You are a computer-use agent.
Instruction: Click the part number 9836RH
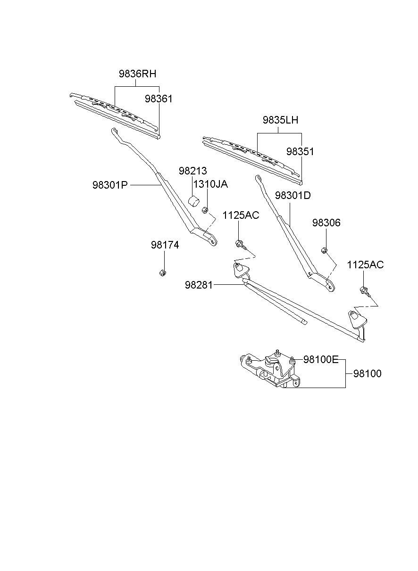pyautogui.click(x=137, y=74)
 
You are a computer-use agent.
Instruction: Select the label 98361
pyautogui.click(x=159, y=99)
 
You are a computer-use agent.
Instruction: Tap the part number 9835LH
pyautogui.click(x=281, y=120)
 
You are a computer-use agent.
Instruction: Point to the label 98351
pyautogui.click(x=300, y=151)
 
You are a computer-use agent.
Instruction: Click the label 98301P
pyautogui.click(x=110, y=185)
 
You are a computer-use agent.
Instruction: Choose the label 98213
pyautogui.click(x=193, y=171)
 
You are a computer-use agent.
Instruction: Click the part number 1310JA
pyautogui.click(x=210, y=184)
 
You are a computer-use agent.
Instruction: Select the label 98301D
pyautogui.click(x=293, y=196)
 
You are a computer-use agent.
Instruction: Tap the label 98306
pyautogui.click(x=326, y=223)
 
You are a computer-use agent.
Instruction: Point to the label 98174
pyautogui.click(x=165, y=245)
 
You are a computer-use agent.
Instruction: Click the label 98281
pyautogui.click(x=199, y=285)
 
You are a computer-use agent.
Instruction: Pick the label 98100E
pyautogui.click(x=321, y=359)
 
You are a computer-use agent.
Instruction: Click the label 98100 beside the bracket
pyautogui.click(x=368, y=374)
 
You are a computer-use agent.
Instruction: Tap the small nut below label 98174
pyautogui.click(x=162, y=273)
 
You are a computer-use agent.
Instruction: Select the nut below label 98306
pyautogui.click(x=324, y=250)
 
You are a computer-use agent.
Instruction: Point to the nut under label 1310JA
pyautogui.click(x=205, y=211)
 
